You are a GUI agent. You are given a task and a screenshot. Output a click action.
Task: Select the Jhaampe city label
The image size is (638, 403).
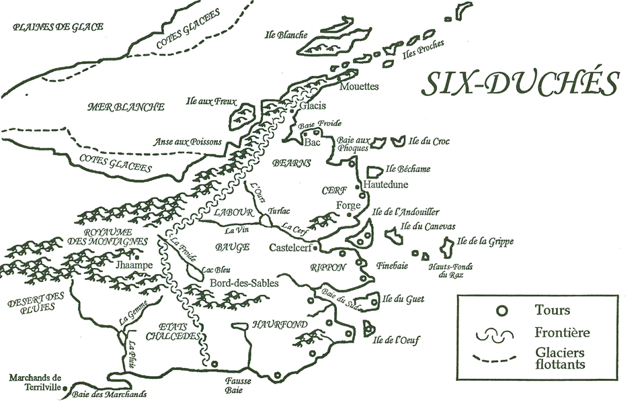(x=134, y=265)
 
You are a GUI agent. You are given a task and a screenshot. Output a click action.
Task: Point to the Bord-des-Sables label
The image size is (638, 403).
(x=243, y=283)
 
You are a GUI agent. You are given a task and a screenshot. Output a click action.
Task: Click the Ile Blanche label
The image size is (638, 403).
(x=287, y=35)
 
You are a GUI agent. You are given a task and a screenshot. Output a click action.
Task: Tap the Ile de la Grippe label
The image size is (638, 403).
(x=482, y=240)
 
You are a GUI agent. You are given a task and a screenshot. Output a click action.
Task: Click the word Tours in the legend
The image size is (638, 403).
(x=553, y=310)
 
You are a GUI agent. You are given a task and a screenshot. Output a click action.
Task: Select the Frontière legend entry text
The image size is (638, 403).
(x=563, y=332)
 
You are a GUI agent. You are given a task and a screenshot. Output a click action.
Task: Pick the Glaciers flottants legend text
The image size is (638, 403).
(x=561, y=359)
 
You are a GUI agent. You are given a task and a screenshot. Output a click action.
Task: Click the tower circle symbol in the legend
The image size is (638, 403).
(x=500, y=310)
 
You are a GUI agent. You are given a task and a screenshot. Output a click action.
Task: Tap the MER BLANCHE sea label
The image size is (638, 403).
(x=126, y=107)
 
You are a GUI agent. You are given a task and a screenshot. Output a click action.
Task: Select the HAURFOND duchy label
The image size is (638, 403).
(x=280, y=325)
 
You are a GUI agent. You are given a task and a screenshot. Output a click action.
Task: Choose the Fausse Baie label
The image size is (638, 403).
(x=239, y=384)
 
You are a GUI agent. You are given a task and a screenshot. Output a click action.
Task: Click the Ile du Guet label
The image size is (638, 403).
(x=405, y=299)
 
